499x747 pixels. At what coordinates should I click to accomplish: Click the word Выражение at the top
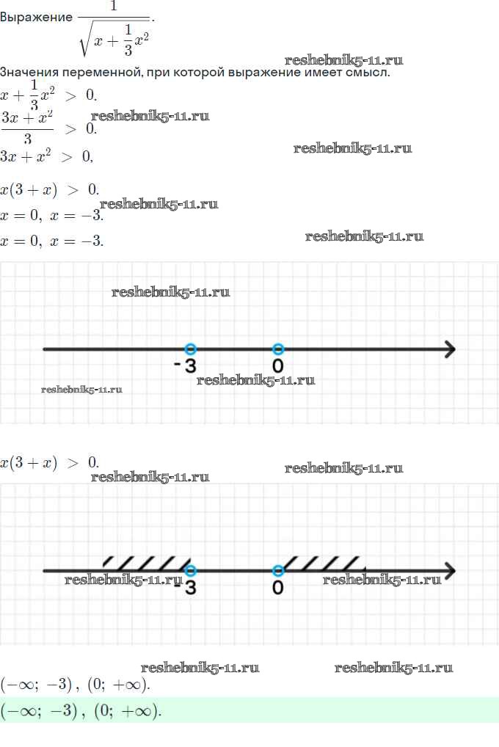coord(36,18)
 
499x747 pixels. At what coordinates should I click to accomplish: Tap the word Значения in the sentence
coord(29,73)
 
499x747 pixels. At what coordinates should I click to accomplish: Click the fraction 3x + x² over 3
coord(27,128)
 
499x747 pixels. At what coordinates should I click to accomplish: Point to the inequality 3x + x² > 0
coord(47,156)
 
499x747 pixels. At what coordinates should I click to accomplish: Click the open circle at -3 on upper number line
coord(191,349)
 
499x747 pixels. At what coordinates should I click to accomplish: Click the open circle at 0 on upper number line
coord(277,349)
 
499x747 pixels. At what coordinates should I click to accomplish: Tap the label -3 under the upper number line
coord(186,365)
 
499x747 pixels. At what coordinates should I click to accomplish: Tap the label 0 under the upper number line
coord(277,365)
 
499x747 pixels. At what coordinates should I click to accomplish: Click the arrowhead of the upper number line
coord(449,349)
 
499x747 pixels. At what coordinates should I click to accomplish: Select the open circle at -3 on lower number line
coord(191,571)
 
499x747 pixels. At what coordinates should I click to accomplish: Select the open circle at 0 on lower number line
coord(277,571)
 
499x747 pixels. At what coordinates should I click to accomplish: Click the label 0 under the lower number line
coord(277,588)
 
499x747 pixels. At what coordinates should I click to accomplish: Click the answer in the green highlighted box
coord(81,710)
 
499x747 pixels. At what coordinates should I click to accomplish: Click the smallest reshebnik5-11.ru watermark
coord(81,389)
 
